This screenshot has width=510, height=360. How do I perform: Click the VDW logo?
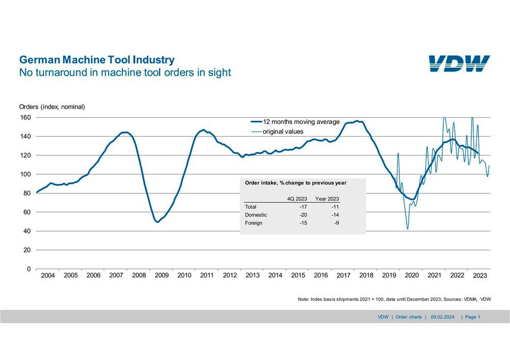tap(459, 64)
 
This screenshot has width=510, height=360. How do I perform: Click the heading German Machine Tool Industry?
tap(96, 60)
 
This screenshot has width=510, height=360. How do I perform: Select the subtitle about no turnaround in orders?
tap(125, 72)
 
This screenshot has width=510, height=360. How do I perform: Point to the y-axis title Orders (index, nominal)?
tap(52, 107)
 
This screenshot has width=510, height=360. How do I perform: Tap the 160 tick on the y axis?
tap(25, 117)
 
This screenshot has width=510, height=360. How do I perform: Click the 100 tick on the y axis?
tap(25, 174)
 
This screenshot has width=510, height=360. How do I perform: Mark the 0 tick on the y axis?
tap(29, 269)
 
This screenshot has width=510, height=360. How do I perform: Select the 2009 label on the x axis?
tap(162, 275)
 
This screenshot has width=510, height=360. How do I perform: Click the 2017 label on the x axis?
tap(344, 275)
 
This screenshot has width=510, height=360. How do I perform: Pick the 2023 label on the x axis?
tap(480, 275)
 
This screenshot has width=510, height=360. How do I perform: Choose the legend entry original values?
tap(284, 132)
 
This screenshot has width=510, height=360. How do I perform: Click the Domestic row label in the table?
tap(256, 215)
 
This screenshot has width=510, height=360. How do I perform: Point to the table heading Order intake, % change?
tap(296, 183)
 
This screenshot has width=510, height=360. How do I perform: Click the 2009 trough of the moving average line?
tap(158, 222)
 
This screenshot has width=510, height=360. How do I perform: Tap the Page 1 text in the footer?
tap(472, 317)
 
